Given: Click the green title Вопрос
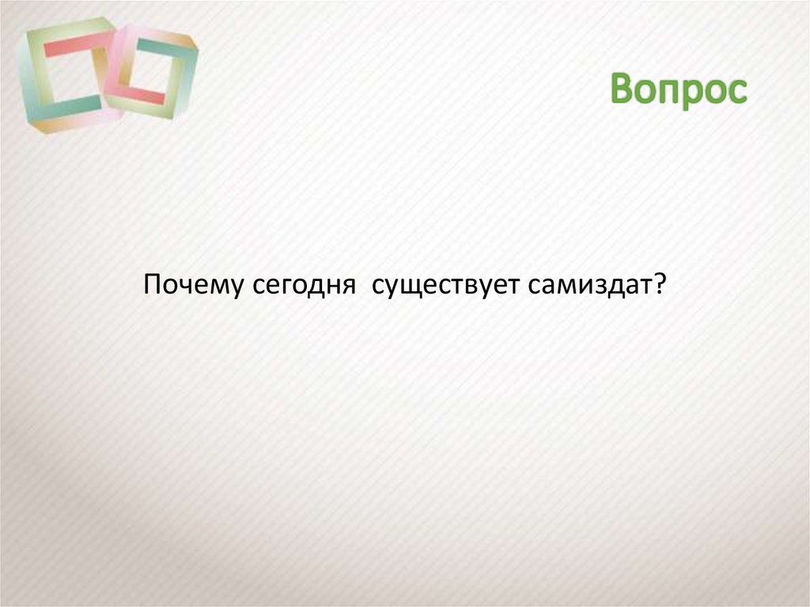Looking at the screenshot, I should point(679,90).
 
